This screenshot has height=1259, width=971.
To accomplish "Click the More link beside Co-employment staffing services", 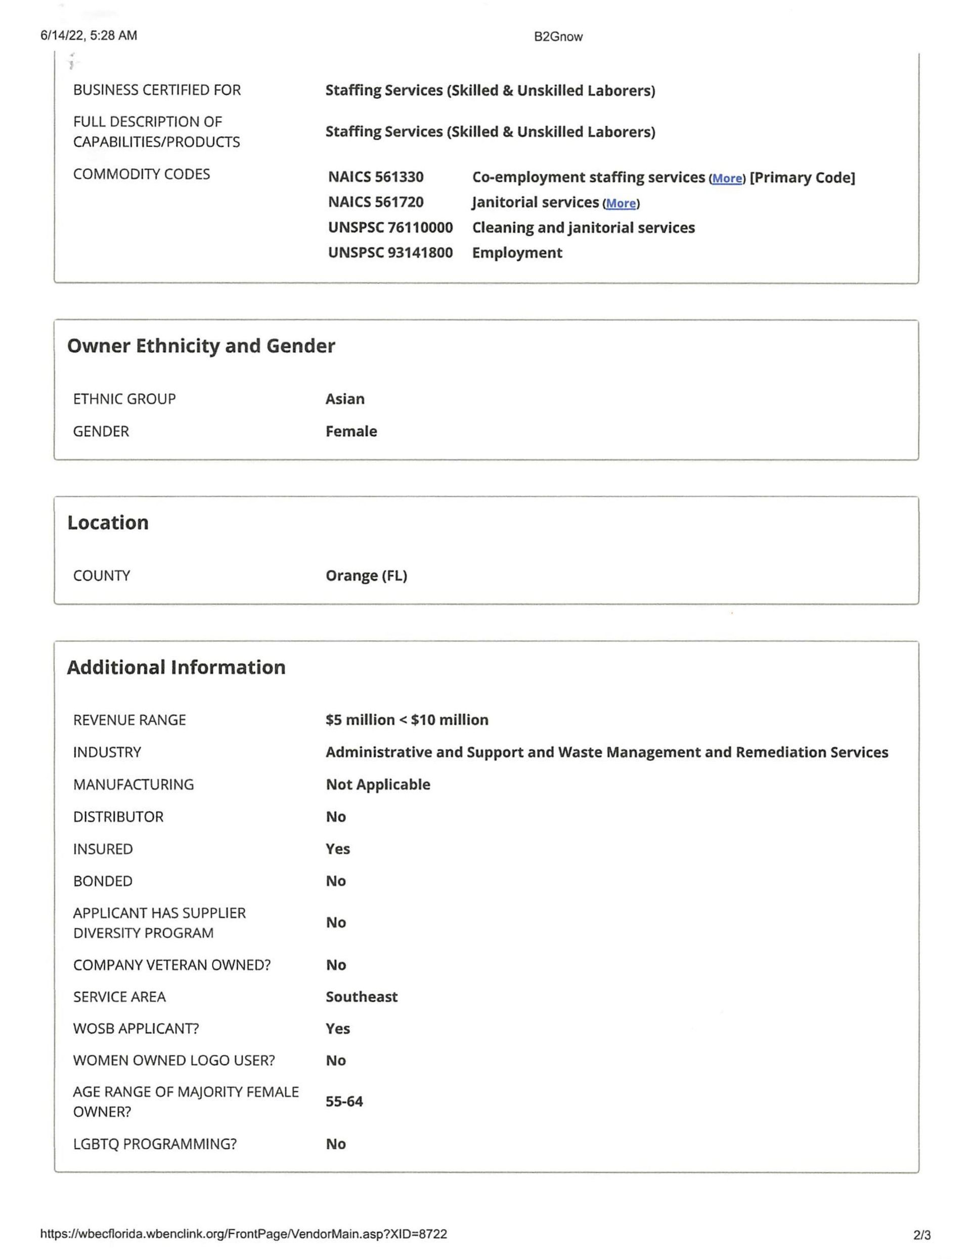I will pyautogui.click(x=727, y=178).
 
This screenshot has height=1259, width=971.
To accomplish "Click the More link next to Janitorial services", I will pyautogui.click(x=621, y=203).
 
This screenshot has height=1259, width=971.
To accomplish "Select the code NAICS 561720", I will pyautogui.click(x=376, y=202).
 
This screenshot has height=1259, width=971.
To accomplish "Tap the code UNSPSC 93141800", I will pyautogui.click(x=390, y=253).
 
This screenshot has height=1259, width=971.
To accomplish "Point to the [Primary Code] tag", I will pyautogui.click(x=802, y=178).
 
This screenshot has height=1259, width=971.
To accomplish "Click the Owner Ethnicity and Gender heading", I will pyautogui.click(x=201, y=346).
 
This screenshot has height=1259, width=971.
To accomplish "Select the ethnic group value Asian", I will pyautogui.click(x=344, y=399).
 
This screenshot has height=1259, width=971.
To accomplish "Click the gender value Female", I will pyautogui.click(x=351, y=431).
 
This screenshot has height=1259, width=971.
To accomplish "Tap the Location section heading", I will pyautogui.click(x=108, y=522).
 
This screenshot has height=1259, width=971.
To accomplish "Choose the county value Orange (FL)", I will pyautogui.click(x=366, y=575).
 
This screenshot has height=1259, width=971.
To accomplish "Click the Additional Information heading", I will pyautogui.click(x=176, y=667).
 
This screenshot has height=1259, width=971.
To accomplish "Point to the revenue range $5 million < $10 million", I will pyautogui.click(x=406, y=720).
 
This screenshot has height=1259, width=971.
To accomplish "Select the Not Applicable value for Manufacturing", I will pyautogui.click(x=377, y=784).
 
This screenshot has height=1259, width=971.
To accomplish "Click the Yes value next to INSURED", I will pyautogui.click(x=337, y=849).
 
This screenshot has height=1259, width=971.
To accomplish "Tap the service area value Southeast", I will pyautogui.click(x=361, y=997).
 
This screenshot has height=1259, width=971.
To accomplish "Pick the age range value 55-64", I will pyautogui.click(x=344, y=1101).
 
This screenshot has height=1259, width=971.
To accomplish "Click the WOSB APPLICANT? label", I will pyautogui.click(x=136, y=1028).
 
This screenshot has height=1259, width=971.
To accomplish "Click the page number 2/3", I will pyautogui.click(x=921, y=1235).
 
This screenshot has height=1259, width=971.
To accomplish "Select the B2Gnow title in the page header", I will pyautogui.click(x=558, y=37).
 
